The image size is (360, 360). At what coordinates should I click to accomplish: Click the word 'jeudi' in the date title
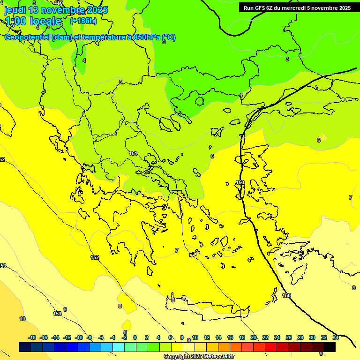[15, 10]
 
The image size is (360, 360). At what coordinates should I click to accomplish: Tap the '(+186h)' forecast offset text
[83, 21]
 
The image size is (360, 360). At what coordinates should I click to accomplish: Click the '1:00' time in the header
[15, 21]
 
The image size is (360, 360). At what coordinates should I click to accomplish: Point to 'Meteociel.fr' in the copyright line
[215, 356]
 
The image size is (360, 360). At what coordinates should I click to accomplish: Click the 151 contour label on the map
[133, 154]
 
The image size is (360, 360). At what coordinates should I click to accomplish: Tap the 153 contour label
[57, 314]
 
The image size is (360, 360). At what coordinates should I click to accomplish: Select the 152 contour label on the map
[95, 257]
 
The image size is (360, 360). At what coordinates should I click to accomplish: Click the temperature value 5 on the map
[120, 82]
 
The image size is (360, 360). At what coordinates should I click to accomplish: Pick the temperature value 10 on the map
[22, 319]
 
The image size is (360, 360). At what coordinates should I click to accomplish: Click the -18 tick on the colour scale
[32, 337]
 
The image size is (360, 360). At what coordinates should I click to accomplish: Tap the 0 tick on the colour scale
[135, 337]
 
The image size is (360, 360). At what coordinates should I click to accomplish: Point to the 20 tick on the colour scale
[254, 337]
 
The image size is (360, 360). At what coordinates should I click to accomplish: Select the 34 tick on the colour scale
[336, 337]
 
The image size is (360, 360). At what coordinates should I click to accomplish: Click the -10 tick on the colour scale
[79, 337]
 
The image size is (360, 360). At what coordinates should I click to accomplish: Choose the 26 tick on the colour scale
[289, 337]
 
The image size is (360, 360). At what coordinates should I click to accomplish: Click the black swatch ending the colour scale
[330, 347]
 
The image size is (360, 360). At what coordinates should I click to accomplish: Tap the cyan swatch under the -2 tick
[119, 347]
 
